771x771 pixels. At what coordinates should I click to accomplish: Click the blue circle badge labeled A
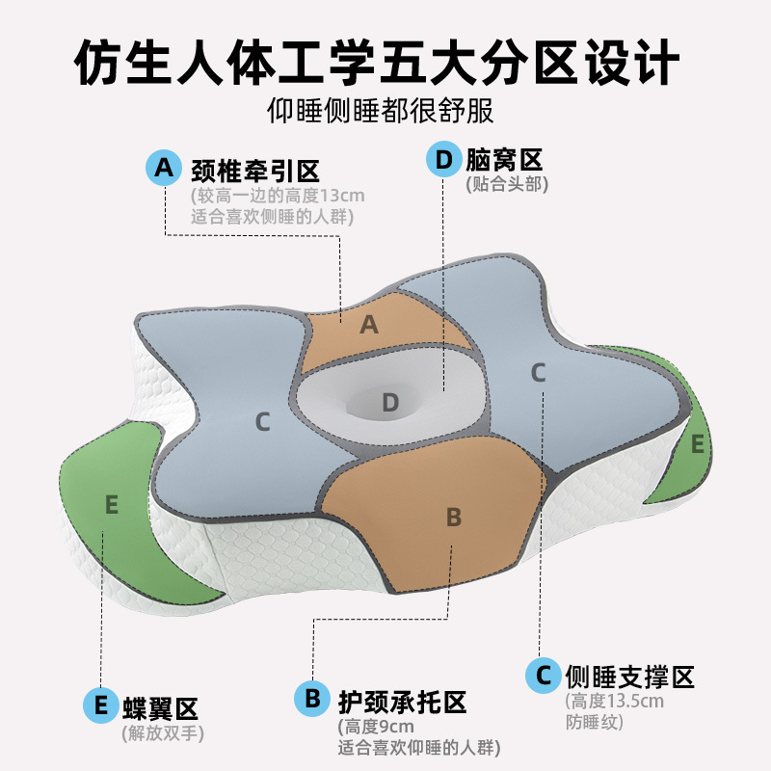click(165, 168)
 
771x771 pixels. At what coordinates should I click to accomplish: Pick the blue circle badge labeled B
click(312, 698)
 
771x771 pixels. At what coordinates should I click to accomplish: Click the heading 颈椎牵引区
click(254, 170)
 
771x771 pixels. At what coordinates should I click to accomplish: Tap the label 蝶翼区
click(160, 708)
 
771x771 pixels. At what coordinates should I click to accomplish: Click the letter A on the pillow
click(368, 326)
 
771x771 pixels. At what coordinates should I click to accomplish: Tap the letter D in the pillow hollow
click(389, 402)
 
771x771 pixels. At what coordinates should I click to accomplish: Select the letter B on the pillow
click(453, 517)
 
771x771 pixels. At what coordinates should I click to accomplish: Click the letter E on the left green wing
click(112, 504)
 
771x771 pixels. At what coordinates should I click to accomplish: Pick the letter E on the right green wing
click(697, 444)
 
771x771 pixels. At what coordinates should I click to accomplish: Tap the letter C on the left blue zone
click(262, 421)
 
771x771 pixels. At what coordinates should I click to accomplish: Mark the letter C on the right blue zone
click(539, 372)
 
